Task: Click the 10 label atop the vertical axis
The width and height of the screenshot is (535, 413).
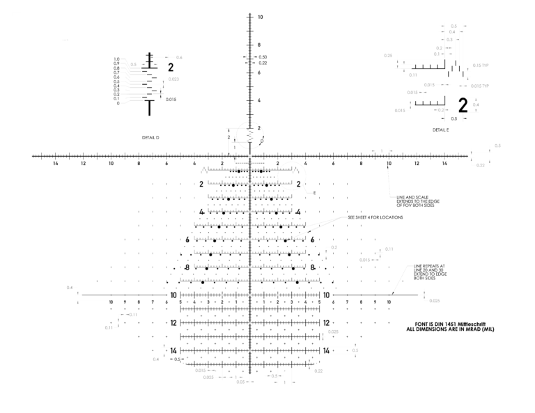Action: point(260,16)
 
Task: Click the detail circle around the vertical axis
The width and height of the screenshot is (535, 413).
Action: point(249,135)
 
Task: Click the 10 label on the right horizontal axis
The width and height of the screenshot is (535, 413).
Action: point(444,164)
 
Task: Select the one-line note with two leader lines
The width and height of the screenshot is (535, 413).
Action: point(375,217)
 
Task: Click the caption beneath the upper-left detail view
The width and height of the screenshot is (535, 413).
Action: point(151,137)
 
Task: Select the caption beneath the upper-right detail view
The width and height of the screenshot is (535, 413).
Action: point(441,129)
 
